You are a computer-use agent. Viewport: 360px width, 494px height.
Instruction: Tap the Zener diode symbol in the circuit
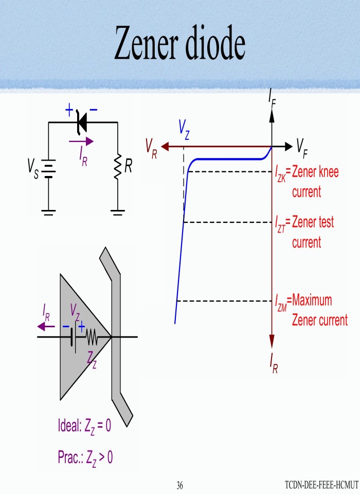coord(81,122)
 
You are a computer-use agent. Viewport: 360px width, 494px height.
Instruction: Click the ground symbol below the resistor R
coord(118,211)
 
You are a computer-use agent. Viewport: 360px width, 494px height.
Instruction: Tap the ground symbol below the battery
coord(48,211)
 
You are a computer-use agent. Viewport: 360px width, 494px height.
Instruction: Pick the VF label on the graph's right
coord(302,148)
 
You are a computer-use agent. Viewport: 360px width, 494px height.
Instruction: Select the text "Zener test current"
coord(313,232)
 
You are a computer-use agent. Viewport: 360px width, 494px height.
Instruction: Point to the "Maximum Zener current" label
coord(319,310)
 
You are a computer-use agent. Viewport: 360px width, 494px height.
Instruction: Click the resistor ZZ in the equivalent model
coord(92,338)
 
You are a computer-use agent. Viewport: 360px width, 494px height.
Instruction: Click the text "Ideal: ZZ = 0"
coord(84,426)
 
